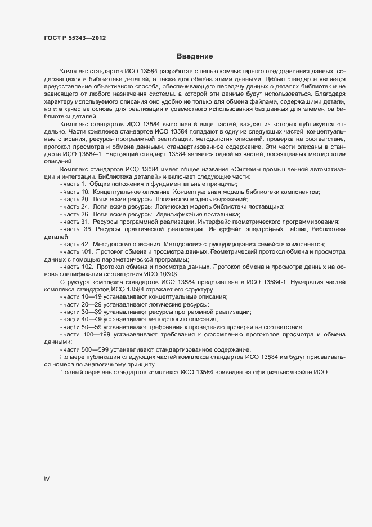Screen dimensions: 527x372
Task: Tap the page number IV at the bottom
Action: [47, 479]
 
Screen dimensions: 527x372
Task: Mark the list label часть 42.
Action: [77, 243]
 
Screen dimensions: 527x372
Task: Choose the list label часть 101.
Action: [78, 251]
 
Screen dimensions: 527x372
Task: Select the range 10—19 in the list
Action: [91, 296]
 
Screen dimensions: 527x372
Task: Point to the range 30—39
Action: [91, 311]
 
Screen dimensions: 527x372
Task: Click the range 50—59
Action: [91, 326]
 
